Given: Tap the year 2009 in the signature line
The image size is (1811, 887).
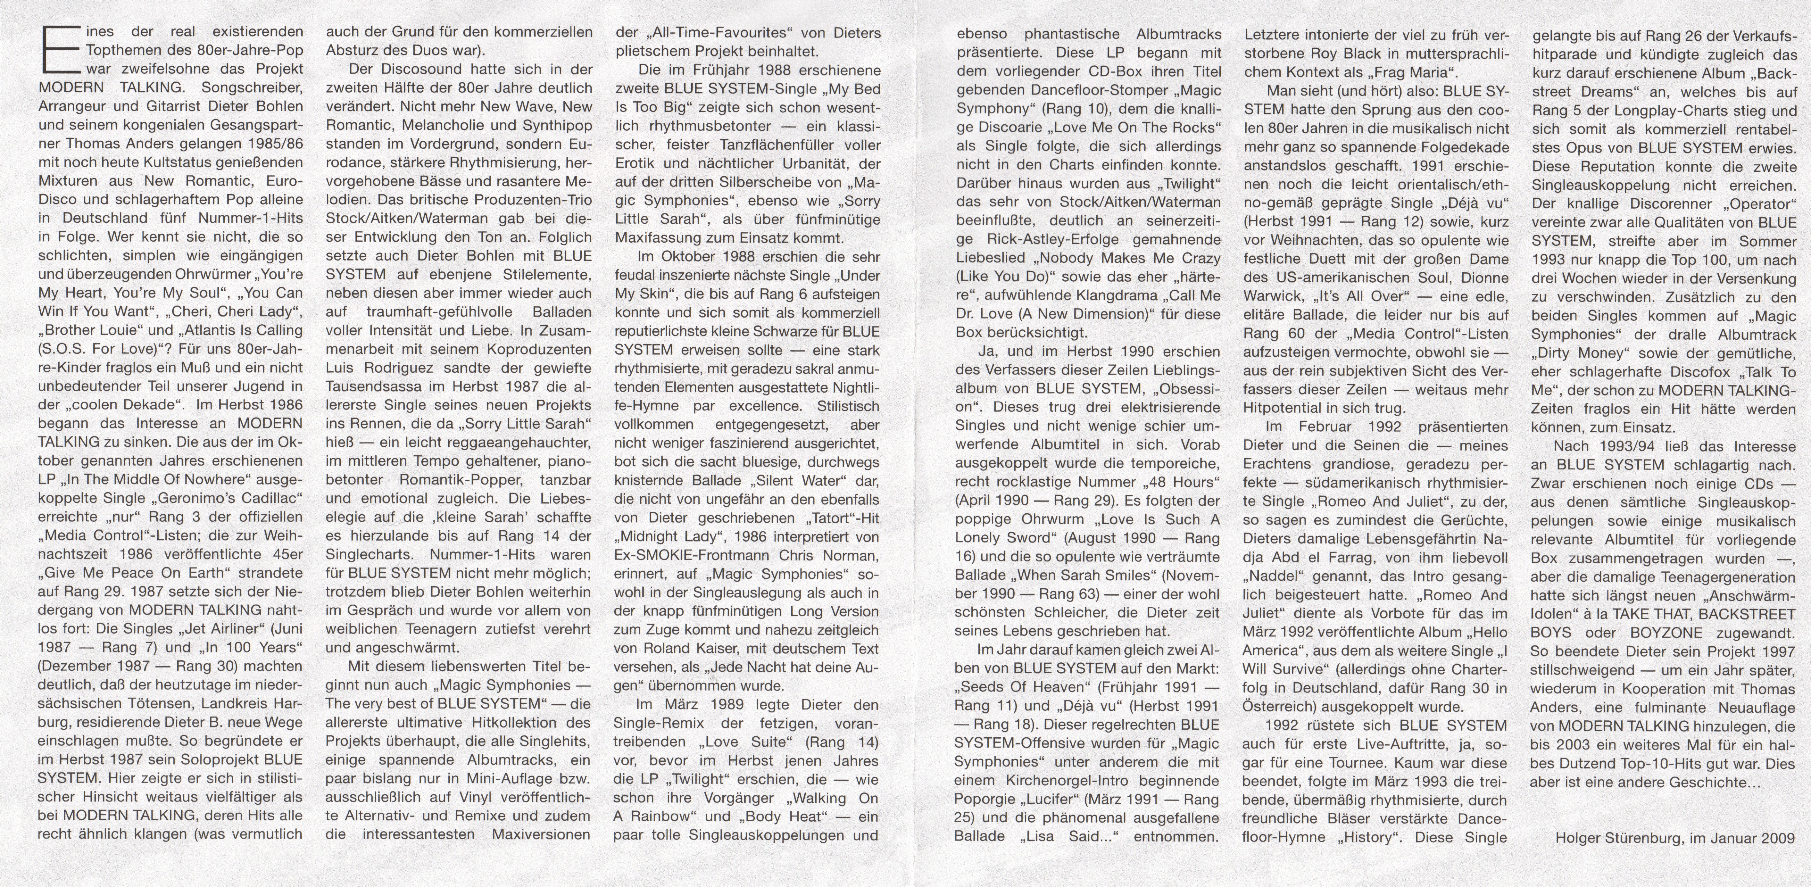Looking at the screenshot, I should [1779, 838].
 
